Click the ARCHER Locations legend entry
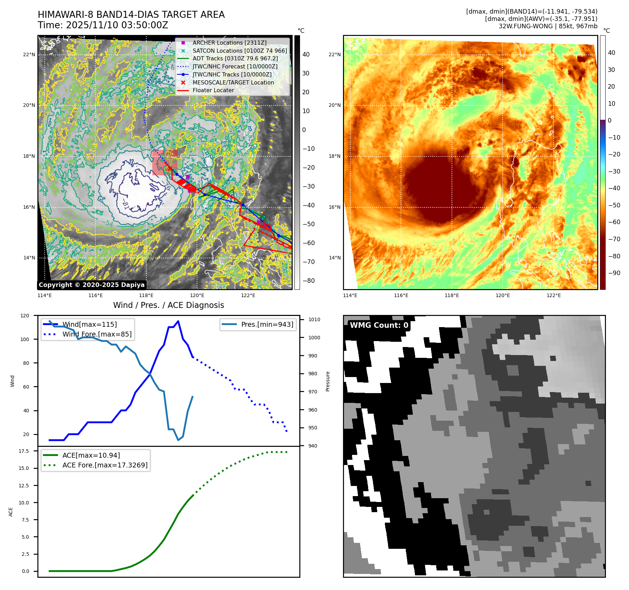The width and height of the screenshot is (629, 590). coord(229,43)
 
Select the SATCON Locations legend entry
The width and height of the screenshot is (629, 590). coord(240,51)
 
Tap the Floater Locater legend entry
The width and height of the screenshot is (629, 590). coord(213,90)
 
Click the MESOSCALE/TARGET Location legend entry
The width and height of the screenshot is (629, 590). coord(233,82)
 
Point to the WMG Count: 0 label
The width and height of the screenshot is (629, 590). coord(379,325)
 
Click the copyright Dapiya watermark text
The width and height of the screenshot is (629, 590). coord(92,285)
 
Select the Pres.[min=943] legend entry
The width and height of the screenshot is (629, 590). coord(267,324)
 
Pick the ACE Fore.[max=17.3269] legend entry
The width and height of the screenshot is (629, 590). coord(105,465)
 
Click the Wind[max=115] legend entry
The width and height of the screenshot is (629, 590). coord(89,324)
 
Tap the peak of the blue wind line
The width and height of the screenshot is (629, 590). coord(178,321)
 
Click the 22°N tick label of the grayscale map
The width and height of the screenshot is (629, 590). coord(29,54)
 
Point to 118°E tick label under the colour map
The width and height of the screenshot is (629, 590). coord(452,295)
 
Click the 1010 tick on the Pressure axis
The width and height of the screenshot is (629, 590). coord(314,319)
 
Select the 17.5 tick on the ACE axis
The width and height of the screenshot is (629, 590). coord(24,451)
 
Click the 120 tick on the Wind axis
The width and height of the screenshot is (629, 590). coord(25,316)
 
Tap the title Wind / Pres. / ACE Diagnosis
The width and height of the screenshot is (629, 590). coord(168,305)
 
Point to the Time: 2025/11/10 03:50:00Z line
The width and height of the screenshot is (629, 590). coord(103,25)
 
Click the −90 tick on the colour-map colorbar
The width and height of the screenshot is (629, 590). coord(614,273)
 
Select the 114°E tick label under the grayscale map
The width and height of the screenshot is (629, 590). coord(45,295)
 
